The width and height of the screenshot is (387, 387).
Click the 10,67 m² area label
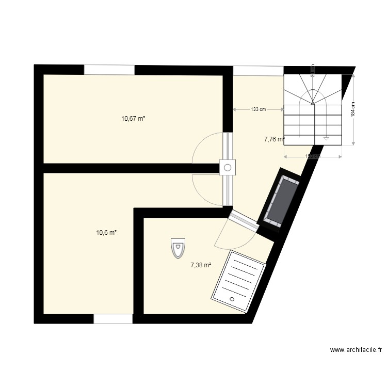tap(133, 118)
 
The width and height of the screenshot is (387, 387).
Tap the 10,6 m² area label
tap(106, 232)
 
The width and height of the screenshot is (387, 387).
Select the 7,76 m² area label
tap(274, 139)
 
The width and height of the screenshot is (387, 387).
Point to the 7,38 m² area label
tap(201, 265)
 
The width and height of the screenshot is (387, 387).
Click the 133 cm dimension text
tap(258, 109)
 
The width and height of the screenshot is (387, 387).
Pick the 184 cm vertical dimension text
tap(353, 109)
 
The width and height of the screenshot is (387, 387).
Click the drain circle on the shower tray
tap(232, 299)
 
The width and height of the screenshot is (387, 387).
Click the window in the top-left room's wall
tap(109, 70)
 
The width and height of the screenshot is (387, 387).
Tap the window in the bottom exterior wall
tap(113, 319)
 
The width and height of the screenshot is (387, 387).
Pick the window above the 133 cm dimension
tap(258, 71)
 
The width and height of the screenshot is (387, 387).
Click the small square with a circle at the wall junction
tap(227, 167)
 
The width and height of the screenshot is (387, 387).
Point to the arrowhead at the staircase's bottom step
tap(326, 138)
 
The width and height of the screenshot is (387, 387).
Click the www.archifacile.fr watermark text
tap(356, 350)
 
